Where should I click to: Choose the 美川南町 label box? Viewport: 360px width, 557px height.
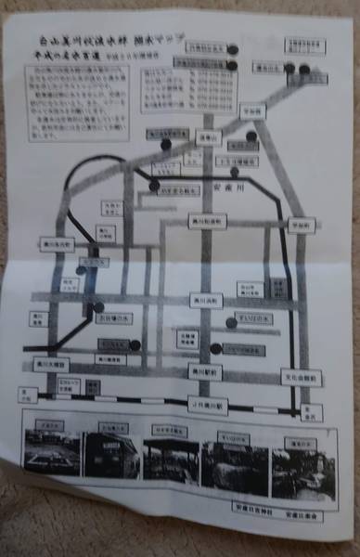(x=201, y=301)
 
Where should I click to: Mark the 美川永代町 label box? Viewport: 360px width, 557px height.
(x=57, y=244)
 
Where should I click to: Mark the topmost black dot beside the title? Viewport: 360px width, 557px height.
(x=233, y=51)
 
